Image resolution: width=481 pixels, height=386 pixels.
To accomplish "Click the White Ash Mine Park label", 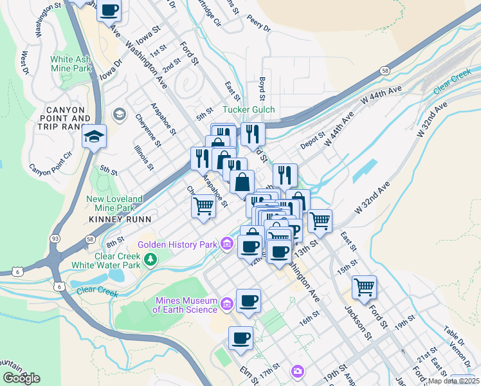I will pos(71,64).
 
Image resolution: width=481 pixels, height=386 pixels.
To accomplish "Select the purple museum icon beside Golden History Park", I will pos(226,244).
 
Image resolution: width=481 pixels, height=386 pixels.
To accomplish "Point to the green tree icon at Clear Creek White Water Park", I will pos(150,259).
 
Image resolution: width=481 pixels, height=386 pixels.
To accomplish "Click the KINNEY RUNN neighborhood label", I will pos(120,219).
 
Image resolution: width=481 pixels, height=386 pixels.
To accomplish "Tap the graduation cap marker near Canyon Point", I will pos(94,136).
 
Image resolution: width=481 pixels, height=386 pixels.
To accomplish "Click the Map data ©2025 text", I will pos(453,381).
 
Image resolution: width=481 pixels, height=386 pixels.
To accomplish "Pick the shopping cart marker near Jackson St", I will pos(364,287).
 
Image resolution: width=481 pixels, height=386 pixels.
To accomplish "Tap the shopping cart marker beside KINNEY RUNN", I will pos(203,207).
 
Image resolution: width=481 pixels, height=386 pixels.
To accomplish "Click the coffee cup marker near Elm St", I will pos(241,338).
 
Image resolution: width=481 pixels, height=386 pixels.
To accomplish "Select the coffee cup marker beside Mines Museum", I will pos(248,300).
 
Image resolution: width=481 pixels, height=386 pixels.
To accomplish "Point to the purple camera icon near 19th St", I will pos(297,371).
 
